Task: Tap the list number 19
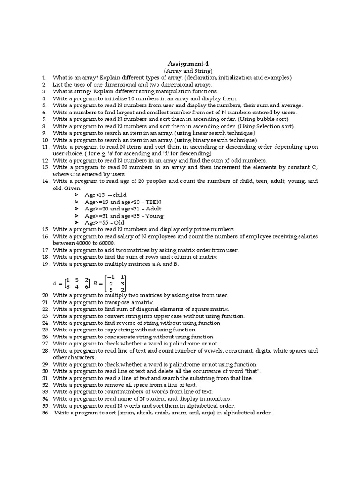tap(45, 264)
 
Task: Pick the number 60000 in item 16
tap(106, 243)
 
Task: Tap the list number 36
tap(45, 413)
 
